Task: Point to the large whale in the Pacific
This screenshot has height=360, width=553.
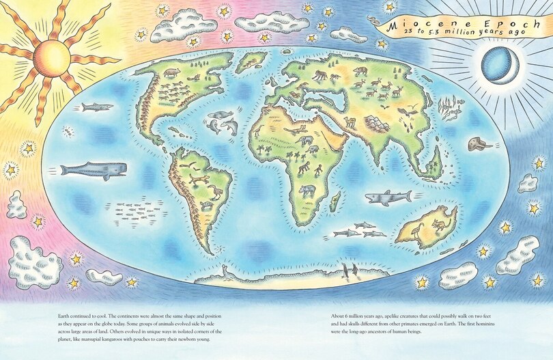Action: tap(93, 170)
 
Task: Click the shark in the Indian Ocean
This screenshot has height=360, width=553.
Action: tap(386, 197)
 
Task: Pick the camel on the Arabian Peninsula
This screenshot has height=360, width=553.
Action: tap(350, 122)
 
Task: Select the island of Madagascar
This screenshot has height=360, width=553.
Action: tap(335, 202)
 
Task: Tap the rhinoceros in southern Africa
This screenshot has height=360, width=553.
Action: tap(307, 191)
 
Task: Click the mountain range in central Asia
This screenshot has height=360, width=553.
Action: tap(378, 123)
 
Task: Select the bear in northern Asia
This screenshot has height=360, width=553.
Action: tap(360, 70)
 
